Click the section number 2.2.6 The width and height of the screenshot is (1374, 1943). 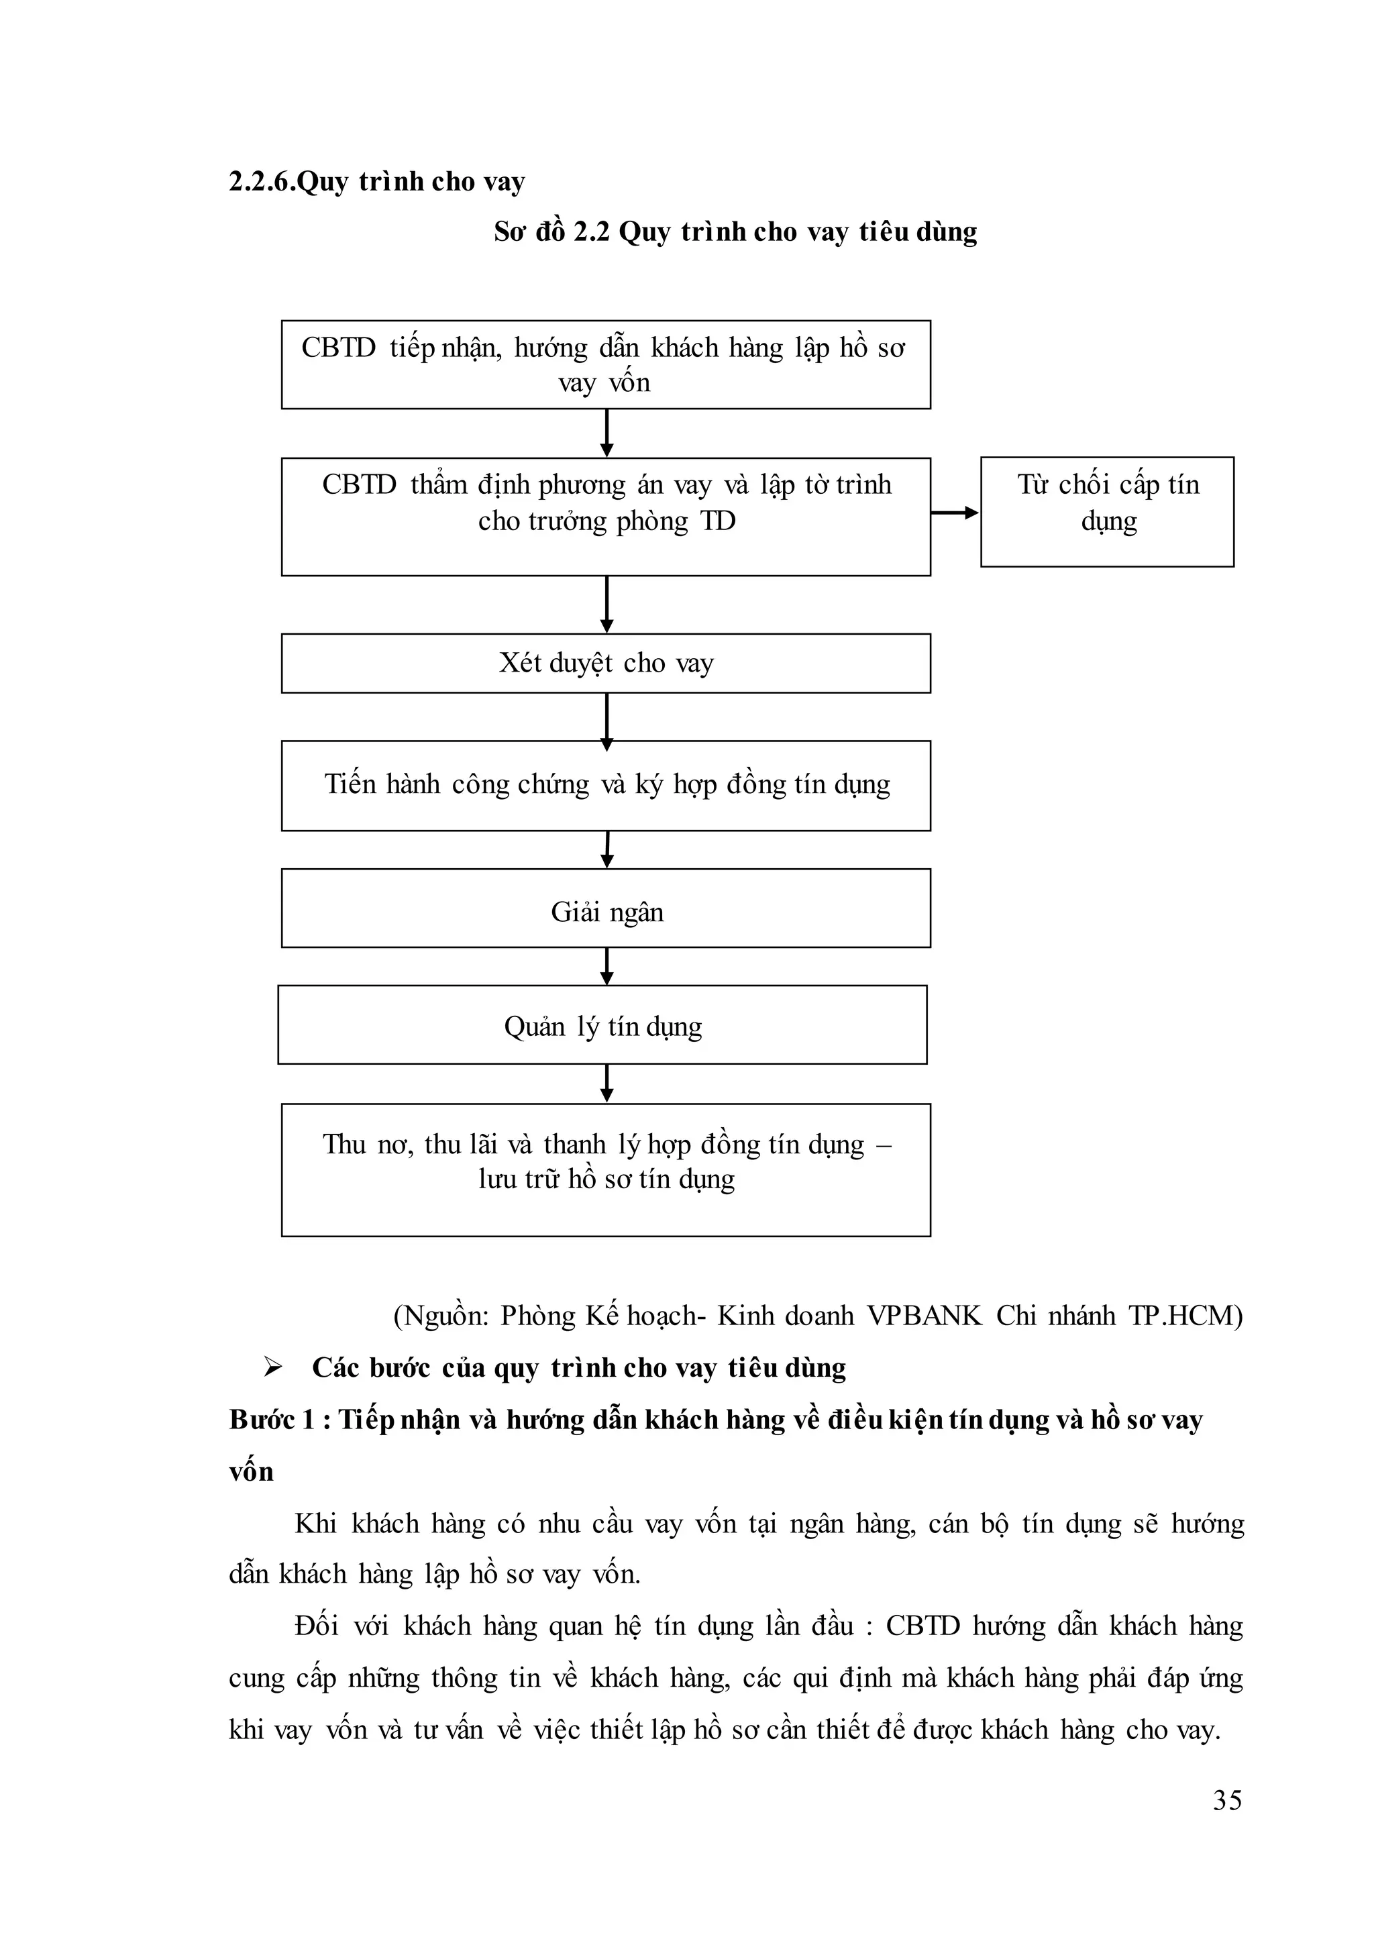(262, 182)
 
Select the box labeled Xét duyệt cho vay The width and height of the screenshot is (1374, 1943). (606, 664)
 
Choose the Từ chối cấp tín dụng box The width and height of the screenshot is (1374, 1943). (1106, 512)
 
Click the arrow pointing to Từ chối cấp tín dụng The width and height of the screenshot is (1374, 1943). (955, 512)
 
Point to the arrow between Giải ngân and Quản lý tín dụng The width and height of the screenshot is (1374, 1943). (606, 966)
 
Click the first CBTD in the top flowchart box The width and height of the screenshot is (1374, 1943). (338, 348)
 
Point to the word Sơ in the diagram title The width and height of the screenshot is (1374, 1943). (510, 232)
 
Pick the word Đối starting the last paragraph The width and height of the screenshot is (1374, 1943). (317, 1626)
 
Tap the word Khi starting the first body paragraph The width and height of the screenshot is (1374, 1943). (315, 1522)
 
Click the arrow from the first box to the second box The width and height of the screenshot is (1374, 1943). (606, 433)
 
